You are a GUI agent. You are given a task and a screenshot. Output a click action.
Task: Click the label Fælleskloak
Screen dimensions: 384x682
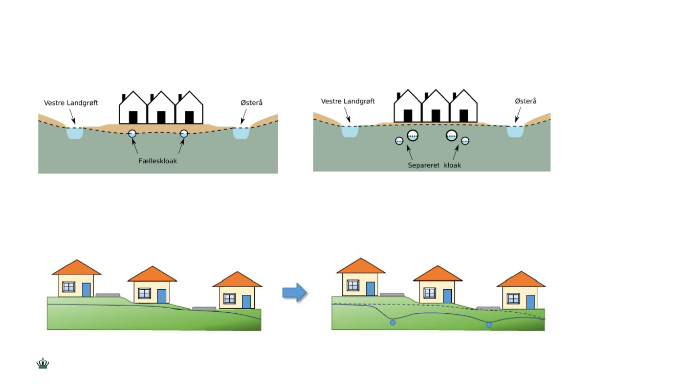click(x=158, y=161)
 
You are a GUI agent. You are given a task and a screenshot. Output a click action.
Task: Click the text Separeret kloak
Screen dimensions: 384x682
click(x=434, y=165)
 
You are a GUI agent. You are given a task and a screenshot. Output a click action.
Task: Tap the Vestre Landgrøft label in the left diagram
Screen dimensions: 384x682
click(x=71, y=103)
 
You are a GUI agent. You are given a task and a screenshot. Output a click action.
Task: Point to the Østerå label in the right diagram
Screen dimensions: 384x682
click(x=525, y=101)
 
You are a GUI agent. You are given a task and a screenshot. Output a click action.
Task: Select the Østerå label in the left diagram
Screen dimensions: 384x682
click(x=252, y=103)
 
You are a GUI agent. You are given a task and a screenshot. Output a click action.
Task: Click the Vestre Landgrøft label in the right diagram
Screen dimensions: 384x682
click(x=348, y=101)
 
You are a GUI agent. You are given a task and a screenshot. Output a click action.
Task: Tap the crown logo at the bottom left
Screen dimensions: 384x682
click(x=43, y=364)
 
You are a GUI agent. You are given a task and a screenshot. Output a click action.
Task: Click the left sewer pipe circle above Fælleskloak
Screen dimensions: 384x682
click(x=132, y=134)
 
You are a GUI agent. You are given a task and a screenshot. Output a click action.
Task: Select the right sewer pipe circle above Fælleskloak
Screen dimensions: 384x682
click(x=184, y=134)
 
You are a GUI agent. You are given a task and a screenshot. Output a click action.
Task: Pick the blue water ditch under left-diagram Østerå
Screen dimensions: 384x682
click(x=241, y=133)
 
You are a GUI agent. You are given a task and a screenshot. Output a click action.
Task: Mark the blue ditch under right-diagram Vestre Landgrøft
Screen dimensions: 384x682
click(x=350, y=131)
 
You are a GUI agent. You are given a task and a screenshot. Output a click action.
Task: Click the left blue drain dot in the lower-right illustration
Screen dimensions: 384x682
click(x=392, y=323)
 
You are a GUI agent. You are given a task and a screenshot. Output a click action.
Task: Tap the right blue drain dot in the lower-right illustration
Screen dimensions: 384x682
click(x=489, y=325)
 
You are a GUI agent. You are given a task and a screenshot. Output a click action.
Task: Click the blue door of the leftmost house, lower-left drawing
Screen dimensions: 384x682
click(x=86, y=290)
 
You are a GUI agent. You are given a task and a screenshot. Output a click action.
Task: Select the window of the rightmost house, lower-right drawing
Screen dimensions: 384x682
click(x=513, y=298)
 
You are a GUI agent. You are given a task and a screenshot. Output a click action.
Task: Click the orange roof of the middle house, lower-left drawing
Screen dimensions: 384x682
click(x=152, y=275)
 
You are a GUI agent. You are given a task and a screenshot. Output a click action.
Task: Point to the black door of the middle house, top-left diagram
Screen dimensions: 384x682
click(x=161, y=117)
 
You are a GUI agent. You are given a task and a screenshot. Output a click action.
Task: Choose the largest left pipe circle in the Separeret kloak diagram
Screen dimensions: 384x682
click(x=413, y=136)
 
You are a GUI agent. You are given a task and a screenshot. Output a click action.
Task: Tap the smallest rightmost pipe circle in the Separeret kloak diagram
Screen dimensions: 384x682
click(x=465, y=141)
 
